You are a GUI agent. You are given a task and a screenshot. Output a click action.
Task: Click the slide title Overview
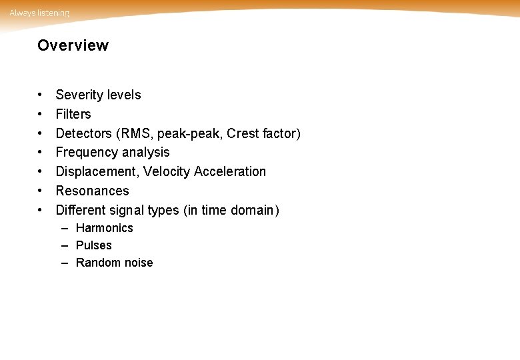[x=73, y=45]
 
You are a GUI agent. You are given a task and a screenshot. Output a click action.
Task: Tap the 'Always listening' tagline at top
[x=39, y=13]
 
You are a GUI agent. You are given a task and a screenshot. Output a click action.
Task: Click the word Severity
[x=78, y=95]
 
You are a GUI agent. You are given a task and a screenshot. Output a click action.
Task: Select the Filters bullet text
[x=73, y=114]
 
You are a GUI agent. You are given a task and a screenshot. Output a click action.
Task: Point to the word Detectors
[x=84, y=133]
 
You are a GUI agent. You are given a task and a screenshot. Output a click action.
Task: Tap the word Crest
[x=243, y=133]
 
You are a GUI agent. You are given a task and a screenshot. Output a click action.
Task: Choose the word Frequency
[x=87, y=153]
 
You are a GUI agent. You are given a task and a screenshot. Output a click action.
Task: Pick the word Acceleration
[x=230, y=171]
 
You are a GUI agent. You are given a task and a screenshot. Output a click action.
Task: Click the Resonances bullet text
[x=92, y=191]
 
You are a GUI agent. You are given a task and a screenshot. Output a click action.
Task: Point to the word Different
[x=81, y=210]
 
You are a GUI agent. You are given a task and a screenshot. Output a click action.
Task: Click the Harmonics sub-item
[x=105, y=228]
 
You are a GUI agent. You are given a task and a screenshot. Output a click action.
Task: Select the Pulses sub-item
[x=94, y=245]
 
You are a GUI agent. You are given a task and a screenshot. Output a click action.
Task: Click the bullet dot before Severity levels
[x=41, y=95]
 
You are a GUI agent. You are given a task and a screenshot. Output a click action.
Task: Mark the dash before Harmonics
[x=65, y=228]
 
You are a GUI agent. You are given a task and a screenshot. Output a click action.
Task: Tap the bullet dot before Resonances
[x=41, y=191]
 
